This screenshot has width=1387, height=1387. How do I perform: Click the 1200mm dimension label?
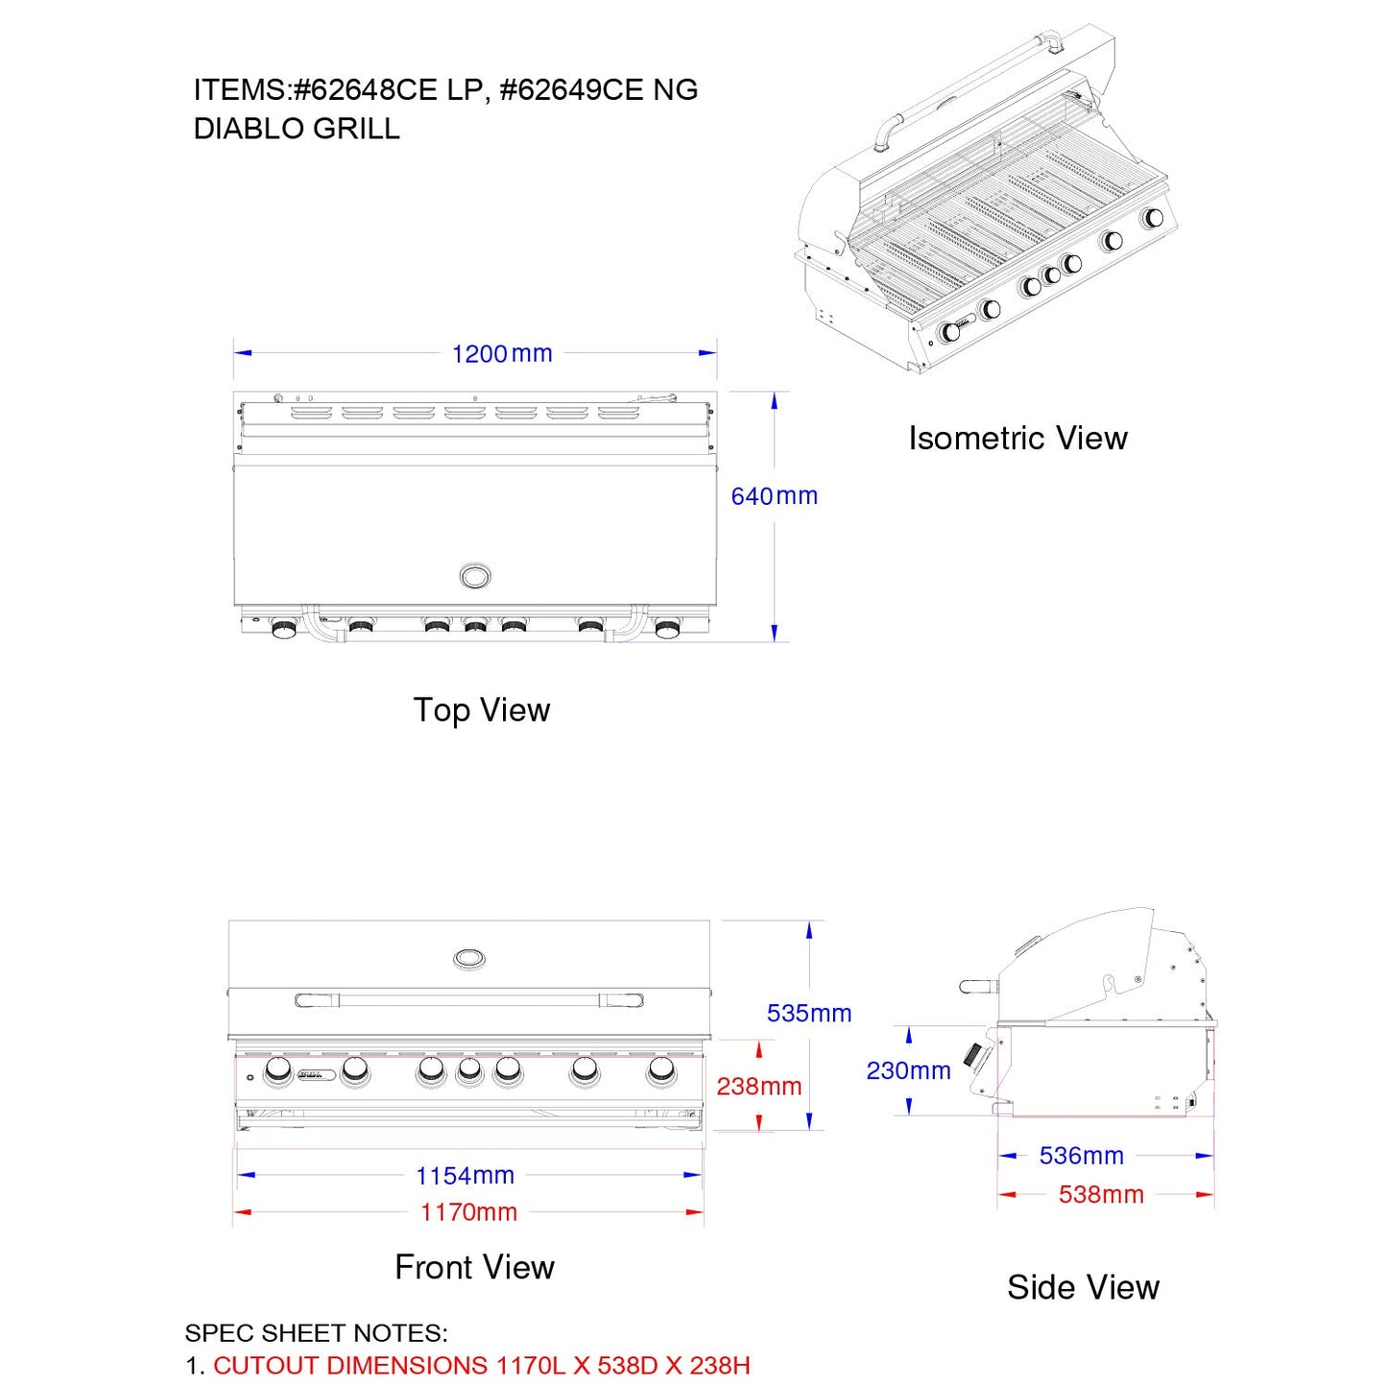502,353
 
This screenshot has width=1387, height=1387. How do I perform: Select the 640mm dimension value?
775,496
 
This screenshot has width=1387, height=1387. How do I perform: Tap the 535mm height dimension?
809,1013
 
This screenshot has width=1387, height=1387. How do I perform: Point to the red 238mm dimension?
759,1087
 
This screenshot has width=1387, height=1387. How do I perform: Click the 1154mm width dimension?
465,1176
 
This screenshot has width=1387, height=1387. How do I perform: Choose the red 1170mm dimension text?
468,1212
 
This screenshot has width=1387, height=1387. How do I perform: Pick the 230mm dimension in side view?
908,1070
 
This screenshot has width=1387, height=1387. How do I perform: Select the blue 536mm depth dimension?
1081,1156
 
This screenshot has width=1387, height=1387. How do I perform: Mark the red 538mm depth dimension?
1101,1194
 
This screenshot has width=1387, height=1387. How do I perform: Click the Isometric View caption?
1017,438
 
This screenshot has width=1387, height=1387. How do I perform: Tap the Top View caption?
482,709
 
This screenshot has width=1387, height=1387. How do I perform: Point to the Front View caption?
474,1267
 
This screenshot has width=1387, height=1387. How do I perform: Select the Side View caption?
1084,1287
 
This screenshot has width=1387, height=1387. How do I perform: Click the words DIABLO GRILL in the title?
297,129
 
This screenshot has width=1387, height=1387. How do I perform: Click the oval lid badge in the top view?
475,576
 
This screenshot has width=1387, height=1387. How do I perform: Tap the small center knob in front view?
468,1072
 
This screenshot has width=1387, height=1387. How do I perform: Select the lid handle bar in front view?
468,1000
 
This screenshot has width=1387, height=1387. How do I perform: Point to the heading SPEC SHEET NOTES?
316,1332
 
